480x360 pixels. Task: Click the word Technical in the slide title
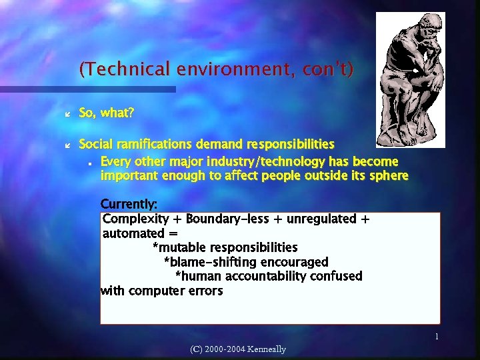point(125,69)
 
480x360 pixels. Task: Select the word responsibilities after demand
point(290,143)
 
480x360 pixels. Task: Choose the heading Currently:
point(129,203)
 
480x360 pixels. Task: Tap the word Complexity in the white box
point(137,219)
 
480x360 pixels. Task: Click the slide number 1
point(437,337)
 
